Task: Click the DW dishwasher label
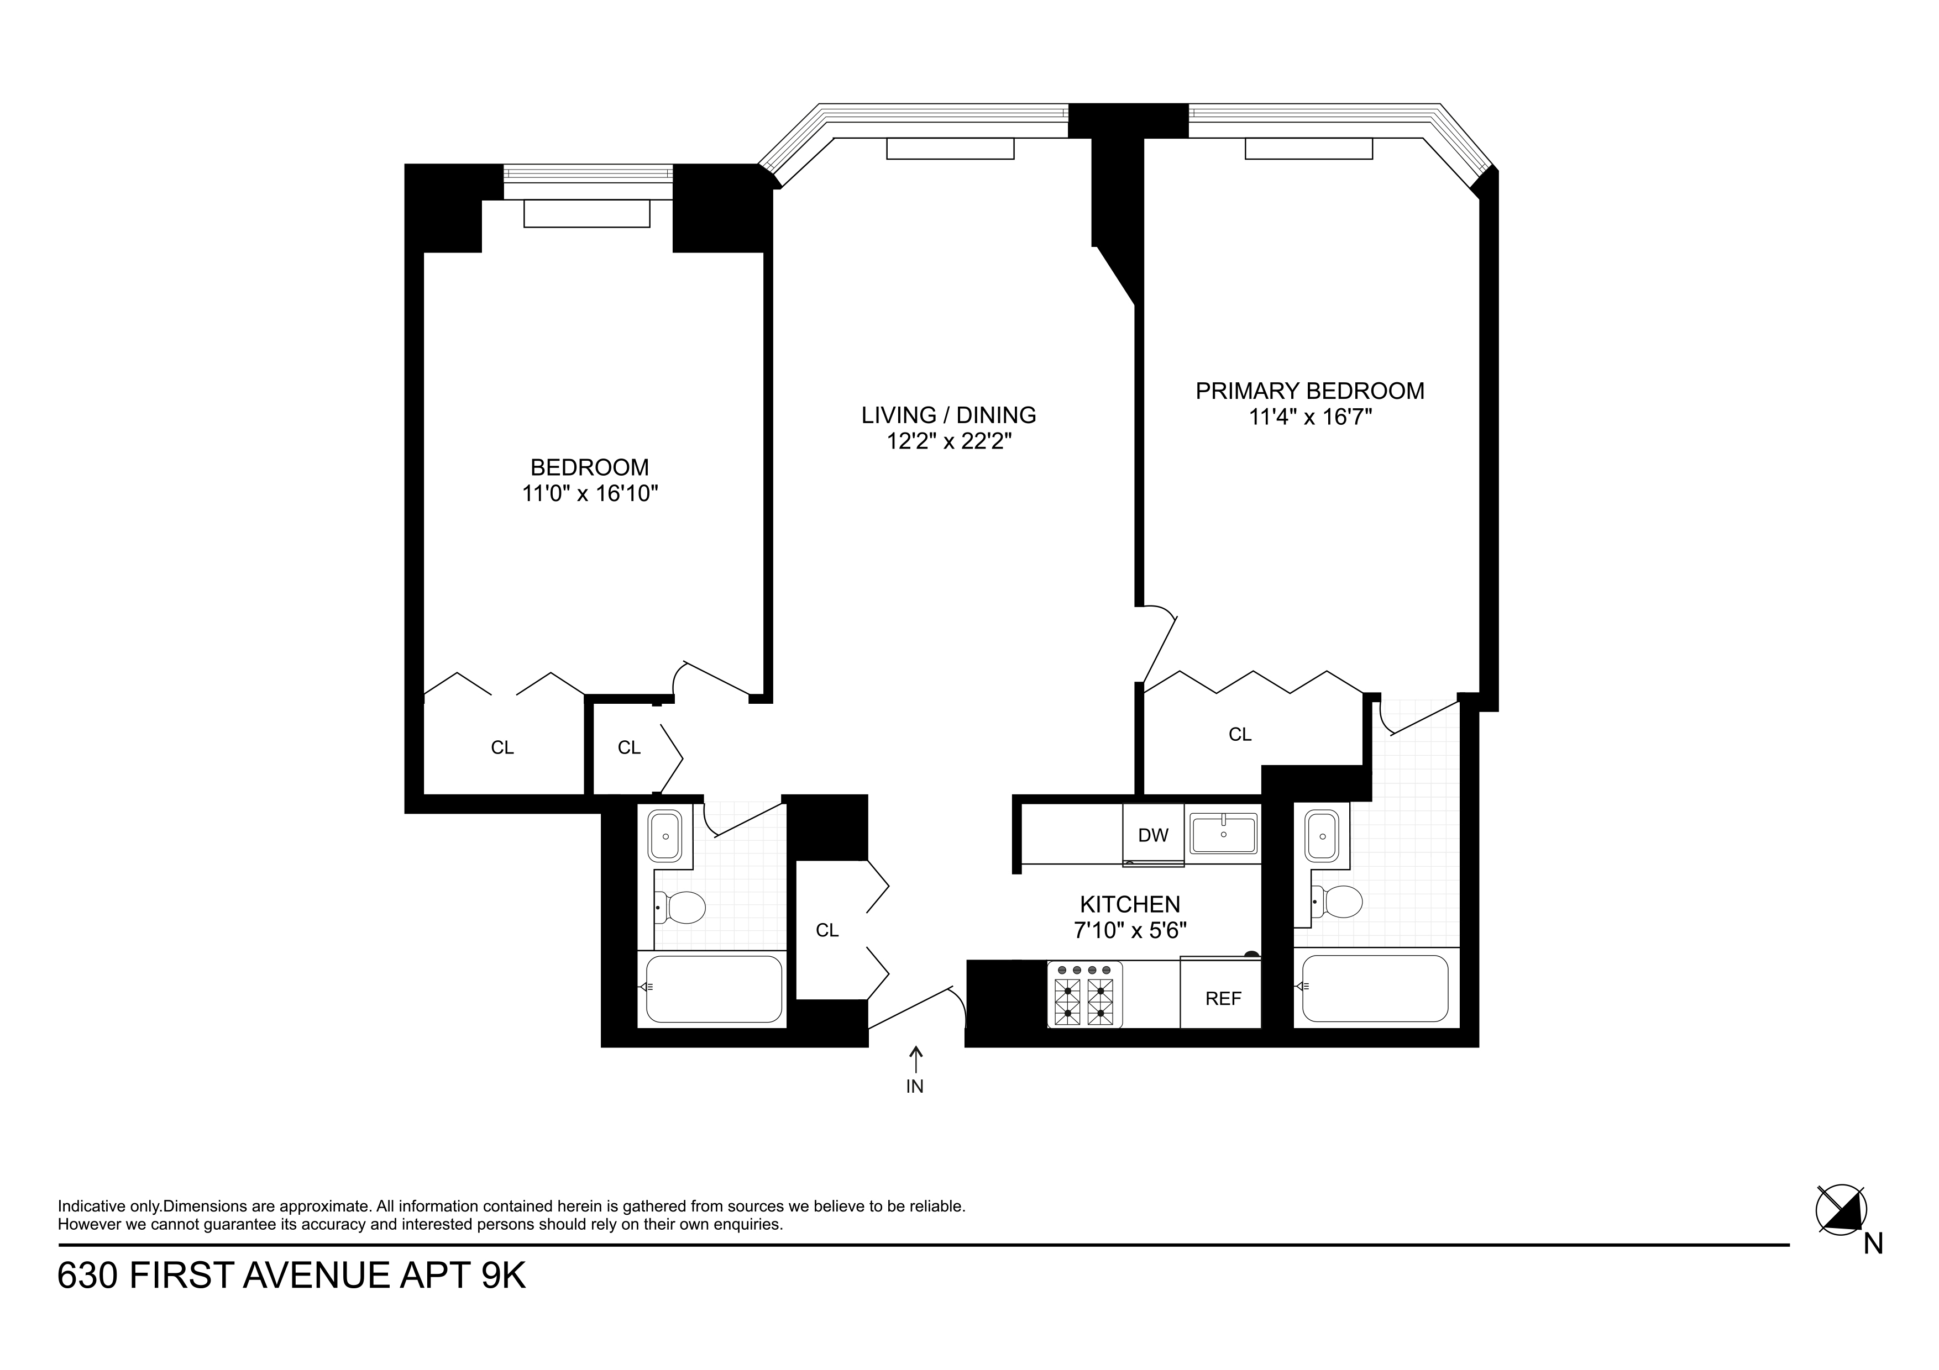tap(1153, 836)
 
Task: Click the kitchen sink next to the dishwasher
tap(1223, 834)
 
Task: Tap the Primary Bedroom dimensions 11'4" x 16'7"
tap(1310, 417)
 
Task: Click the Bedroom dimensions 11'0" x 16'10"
tap(589, 494)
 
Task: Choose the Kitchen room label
tap(1130, 904)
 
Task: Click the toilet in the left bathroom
tap(683, 908)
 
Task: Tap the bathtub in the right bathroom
tap(1375, 988)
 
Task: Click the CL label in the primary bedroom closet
tap(1240, 734)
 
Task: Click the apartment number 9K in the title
tap(504, 1276)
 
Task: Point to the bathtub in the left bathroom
tap(714, 988)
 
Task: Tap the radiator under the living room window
tap(949, 149)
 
